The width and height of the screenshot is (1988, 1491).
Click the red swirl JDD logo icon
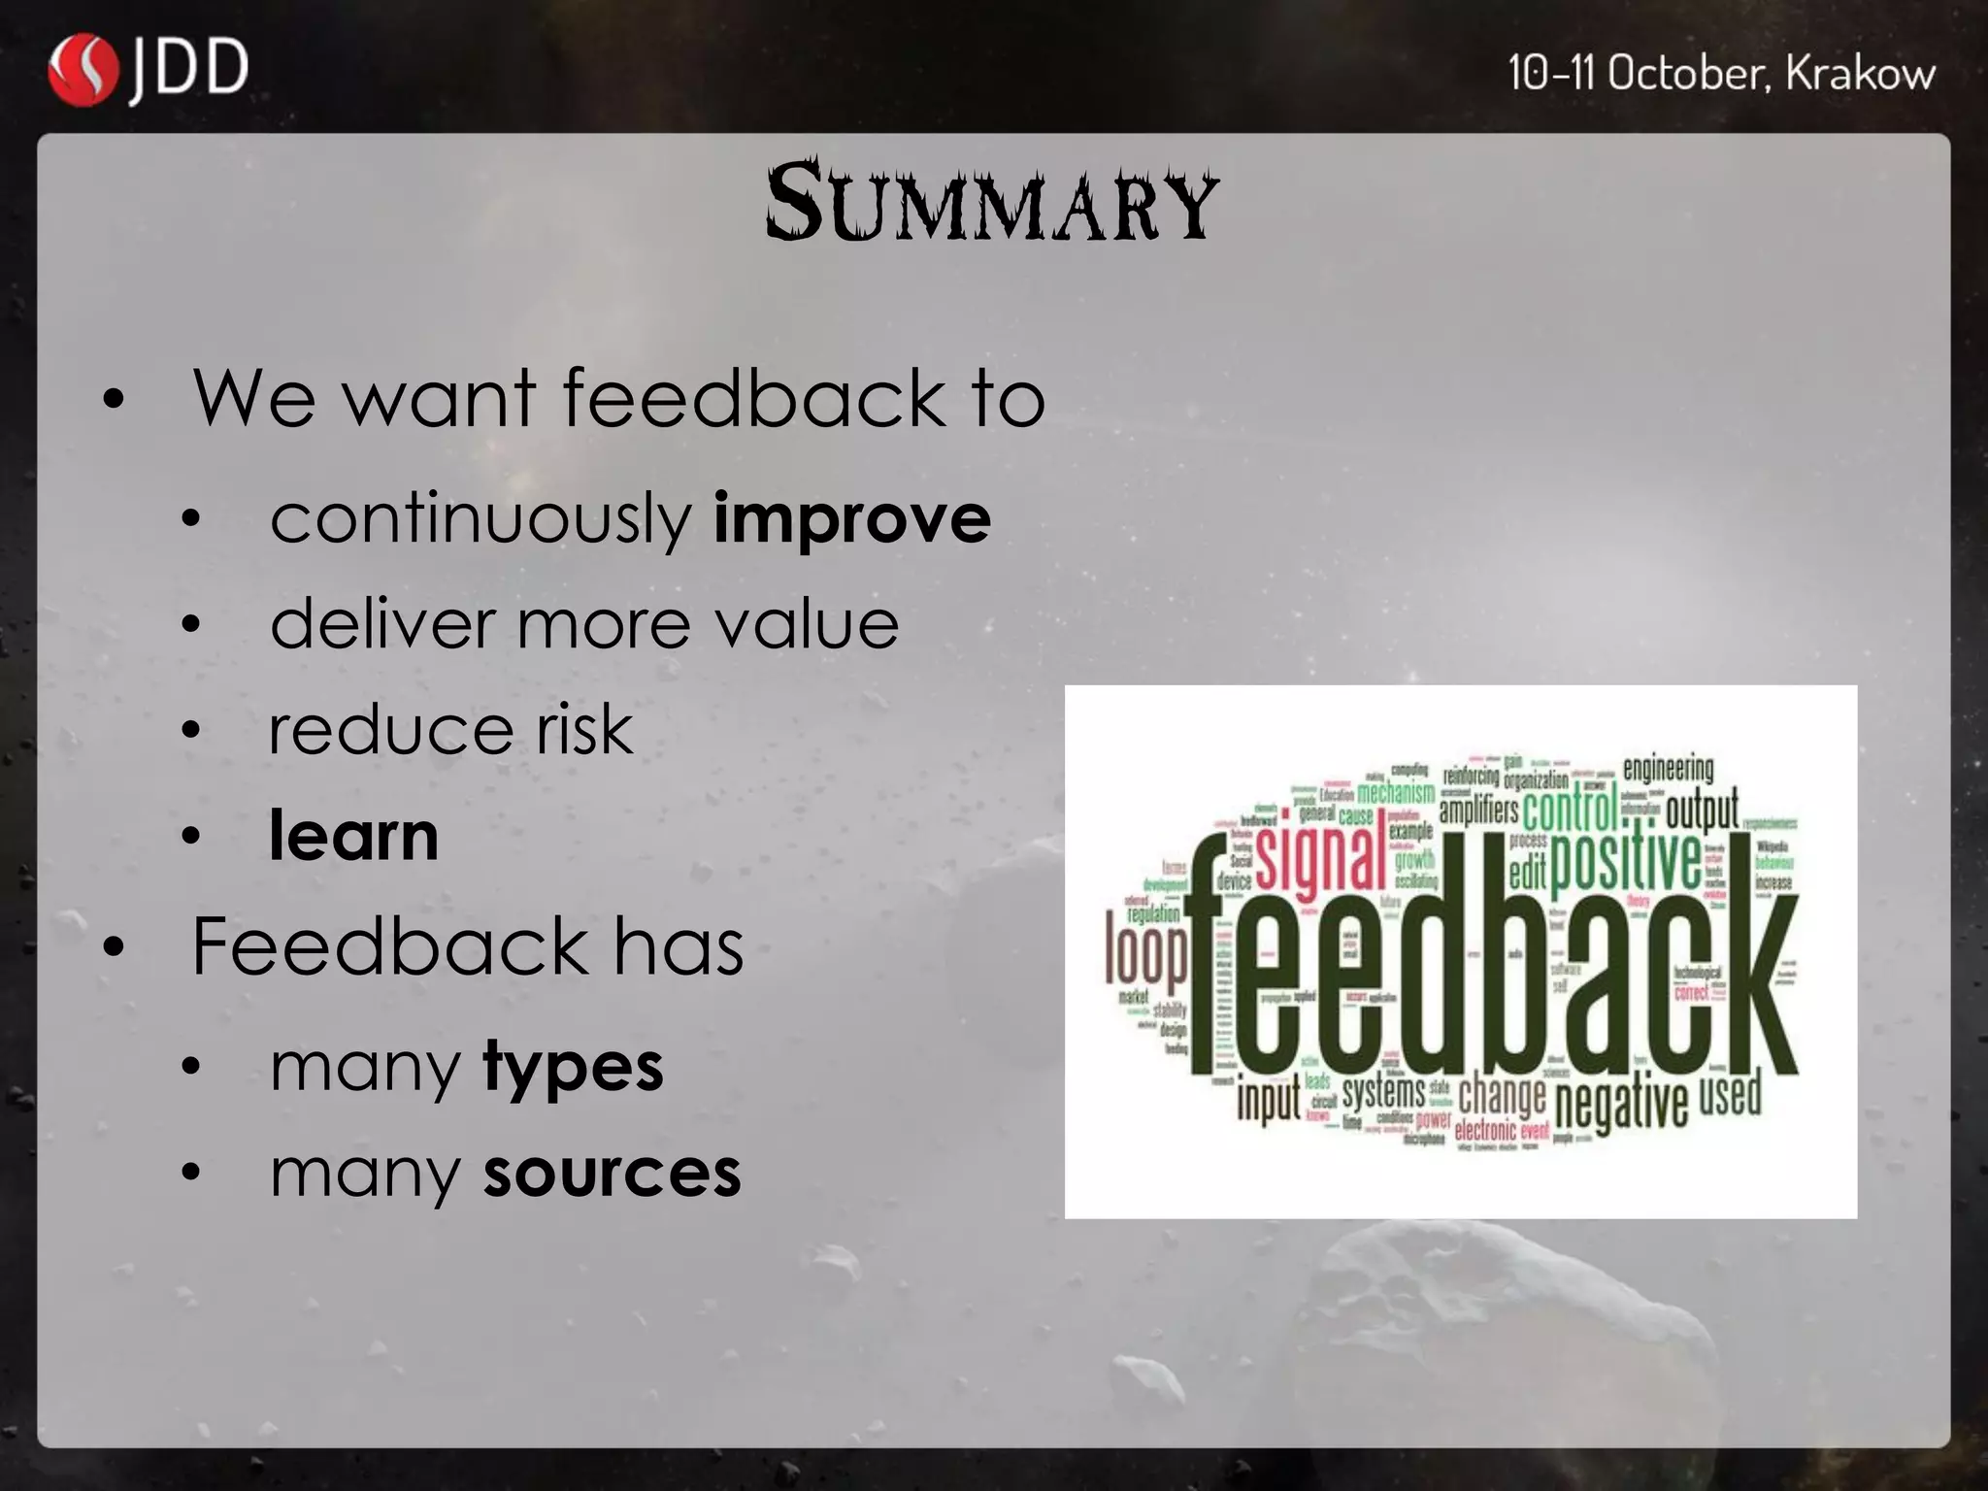[83, 70]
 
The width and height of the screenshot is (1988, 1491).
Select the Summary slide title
[991, 203]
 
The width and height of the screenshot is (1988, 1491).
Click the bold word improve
[851, 518]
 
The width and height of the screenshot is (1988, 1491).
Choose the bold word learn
[354, 836]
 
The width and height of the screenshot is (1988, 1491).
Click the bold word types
[573, 1068]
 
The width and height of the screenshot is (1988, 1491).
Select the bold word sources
[612, 1174]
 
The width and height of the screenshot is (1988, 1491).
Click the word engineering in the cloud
[1668, 769]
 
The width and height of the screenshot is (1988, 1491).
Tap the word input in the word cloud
[1268, 1100]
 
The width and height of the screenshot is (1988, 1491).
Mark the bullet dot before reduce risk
[191, 730]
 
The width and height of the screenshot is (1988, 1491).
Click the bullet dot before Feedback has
[114, 946]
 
